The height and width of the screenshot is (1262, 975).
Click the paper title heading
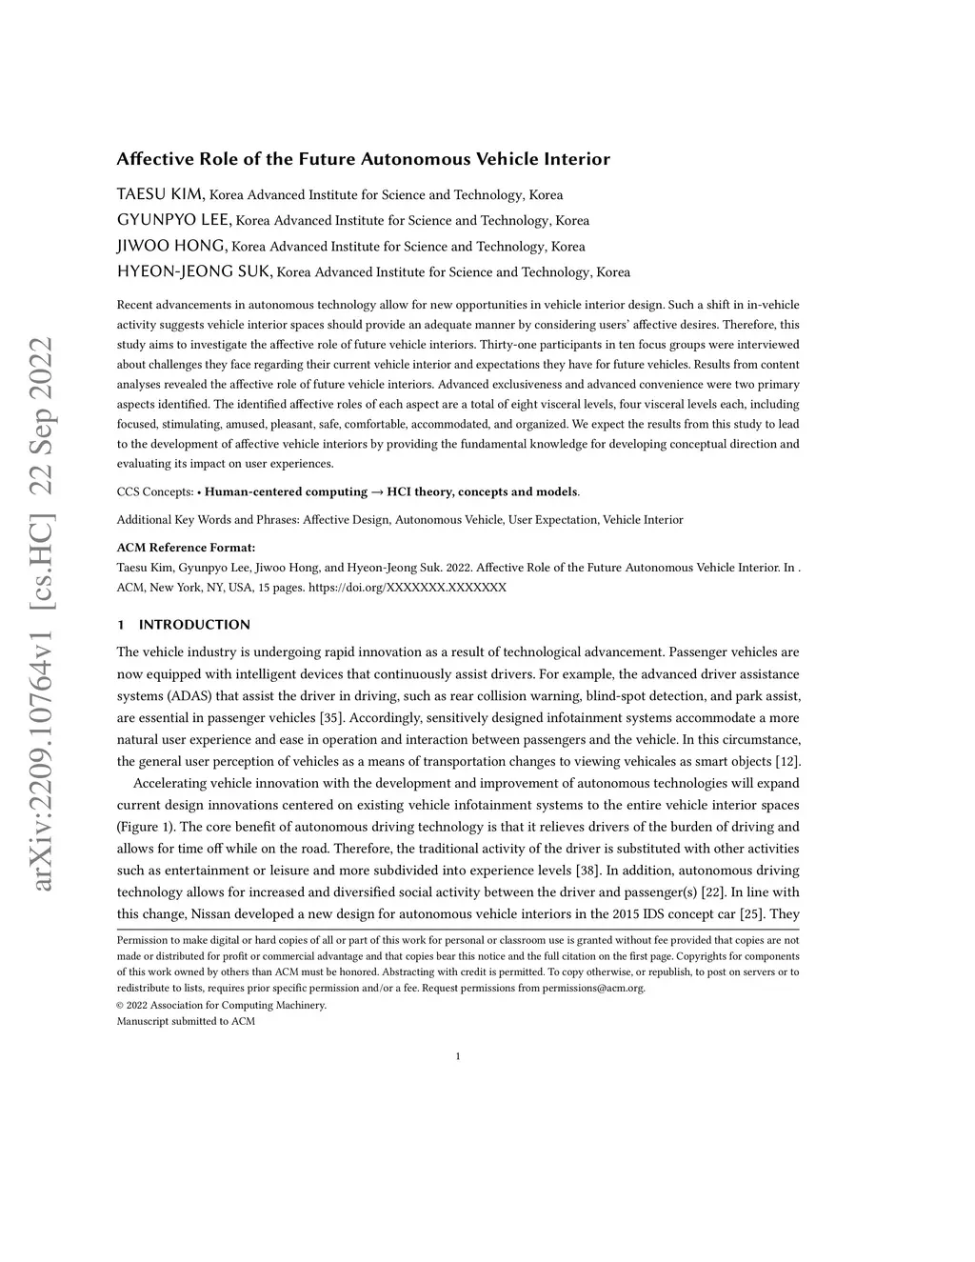(363, 159)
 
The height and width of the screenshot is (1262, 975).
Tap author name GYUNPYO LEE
(173, 220)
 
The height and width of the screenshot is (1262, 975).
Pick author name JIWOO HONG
(171, 246)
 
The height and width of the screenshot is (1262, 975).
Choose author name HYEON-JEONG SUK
(195, 271)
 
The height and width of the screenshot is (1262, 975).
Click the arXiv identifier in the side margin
(42, 615)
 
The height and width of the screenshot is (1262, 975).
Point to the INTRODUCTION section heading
(194, 625)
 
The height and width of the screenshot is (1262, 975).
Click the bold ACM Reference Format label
(186, 548)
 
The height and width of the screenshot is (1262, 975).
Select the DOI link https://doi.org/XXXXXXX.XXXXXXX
(408, 588)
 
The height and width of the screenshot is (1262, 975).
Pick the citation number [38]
(587, 871)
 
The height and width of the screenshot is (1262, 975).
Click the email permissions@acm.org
(593, 988)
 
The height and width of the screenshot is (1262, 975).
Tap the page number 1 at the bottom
(458, 1055)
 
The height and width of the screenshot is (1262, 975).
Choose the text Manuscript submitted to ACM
(186, 1021)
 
